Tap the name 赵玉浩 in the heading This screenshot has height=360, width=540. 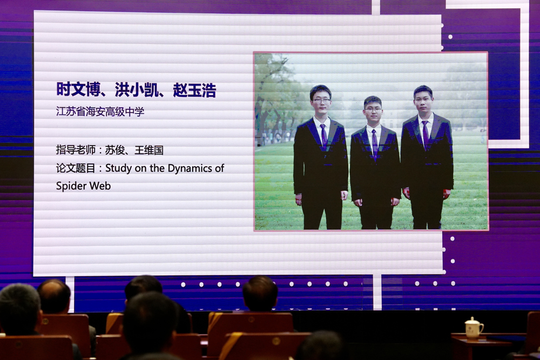click(194, 90)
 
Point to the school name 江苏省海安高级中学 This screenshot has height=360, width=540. click(100, 112)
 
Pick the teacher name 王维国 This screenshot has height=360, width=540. click(148, 150)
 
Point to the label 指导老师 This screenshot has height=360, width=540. click(76, 150)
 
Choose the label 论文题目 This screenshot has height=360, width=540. click(76, 168)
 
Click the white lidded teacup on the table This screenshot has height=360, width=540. click(474, 328)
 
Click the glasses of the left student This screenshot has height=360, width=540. click(321, 100)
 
